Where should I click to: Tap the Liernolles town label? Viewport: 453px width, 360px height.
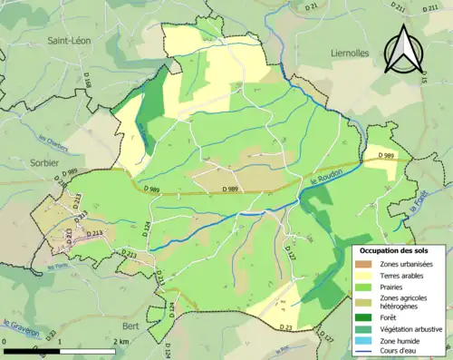pyautogui.click(x=344, y=54)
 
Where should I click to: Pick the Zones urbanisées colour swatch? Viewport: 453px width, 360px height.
pyautogui.click(x=364, y=263)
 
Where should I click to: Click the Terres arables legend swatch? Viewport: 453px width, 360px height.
pyautogui.click(x=364, y=275)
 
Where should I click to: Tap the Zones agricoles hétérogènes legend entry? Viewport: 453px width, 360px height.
pyautogui.click(x=364, y=298)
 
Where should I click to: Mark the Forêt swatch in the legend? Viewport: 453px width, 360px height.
pyautogui.click(x=364, y=316)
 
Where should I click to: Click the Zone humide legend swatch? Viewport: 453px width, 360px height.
pyautogui.click(x=364, y=339)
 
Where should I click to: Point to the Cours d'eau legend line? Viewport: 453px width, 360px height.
pyautogui.click(x=364, y=351)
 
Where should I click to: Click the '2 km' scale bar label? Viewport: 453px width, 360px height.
pyautogui.click(x=121, y=341)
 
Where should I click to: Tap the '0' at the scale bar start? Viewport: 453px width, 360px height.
pyautogui.click(x=7, y=341)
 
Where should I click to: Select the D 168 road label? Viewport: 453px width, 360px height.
pyautogui.click(x=89, y=87)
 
